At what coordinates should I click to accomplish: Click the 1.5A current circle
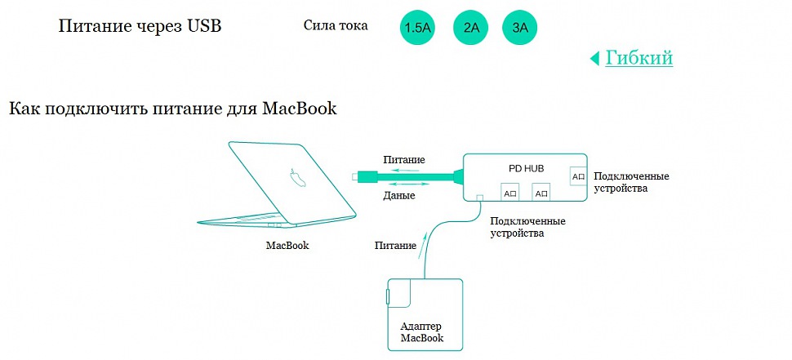(417, 29)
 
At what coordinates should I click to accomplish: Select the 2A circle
(470, 29)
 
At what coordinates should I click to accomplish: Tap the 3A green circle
(520, 29)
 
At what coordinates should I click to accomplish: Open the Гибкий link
(638, 58)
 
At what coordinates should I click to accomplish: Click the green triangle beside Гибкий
(594, 59)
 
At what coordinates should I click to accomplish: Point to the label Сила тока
(335, 25)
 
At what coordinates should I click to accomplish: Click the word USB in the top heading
(204, 26)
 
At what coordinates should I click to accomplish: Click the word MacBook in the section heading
(300, 109)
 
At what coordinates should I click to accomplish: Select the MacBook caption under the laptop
(287, 245)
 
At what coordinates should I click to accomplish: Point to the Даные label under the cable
(399, 196)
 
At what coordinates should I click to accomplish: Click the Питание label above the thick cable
(403, 159)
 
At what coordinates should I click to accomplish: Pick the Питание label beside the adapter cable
(395, 245)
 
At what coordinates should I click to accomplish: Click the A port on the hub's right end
(578, 176)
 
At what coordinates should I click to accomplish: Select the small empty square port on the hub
(480, 197)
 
